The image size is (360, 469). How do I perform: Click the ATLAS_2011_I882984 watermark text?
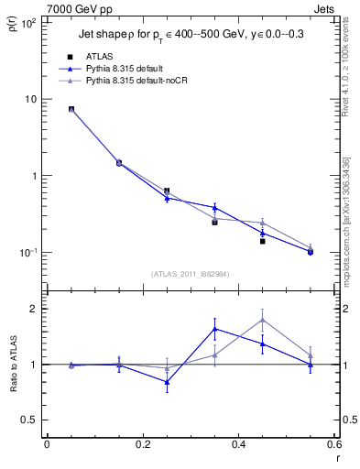coord(190,273)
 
